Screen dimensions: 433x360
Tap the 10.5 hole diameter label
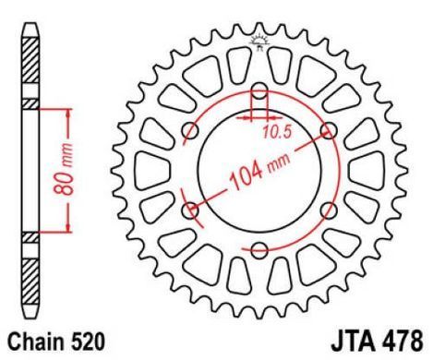pyautogui.click(x=277, y=132)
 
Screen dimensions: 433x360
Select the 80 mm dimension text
pyautogui.click(x=64, y=169)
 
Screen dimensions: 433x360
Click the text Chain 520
pyautogui.click(x=56, y=342)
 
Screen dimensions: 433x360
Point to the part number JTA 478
pyautogui.click(x=377, y=341)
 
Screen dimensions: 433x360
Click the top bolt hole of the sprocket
pyautogui.click(x=259, y=91)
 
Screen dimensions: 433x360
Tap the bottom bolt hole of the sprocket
pyautogui.click(x=259, y=250)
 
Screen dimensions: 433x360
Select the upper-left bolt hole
pyautogui.click(x=190, y=131)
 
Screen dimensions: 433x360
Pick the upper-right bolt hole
pyautogui.click(x=329, y=131)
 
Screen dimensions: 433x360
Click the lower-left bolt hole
pyautogui.click(x=190, y=210)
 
